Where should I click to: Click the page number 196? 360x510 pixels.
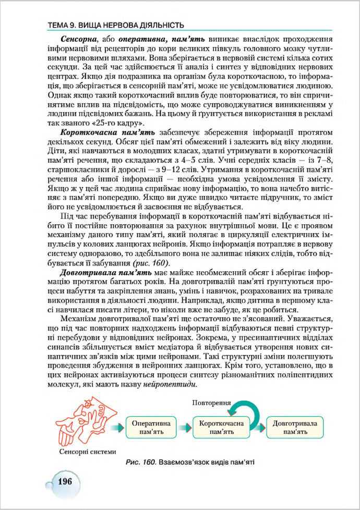click(x=65, y=480)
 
